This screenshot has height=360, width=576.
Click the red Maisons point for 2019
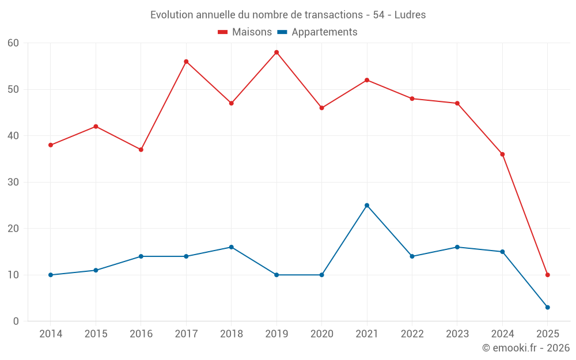coord(276,52)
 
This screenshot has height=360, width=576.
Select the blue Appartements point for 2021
coord(367,205)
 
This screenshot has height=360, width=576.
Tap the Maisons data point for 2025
coord(548,275)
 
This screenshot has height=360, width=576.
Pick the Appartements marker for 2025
coord(548,307)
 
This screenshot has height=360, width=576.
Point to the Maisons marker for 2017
coord(186,62)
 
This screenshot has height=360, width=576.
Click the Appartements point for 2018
coord(232,247)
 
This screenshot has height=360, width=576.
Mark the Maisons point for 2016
coord(141,150)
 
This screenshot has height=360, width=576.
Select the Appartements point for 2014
coord(51,275)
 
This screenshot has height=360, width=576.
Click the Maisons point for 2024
coord(502,154)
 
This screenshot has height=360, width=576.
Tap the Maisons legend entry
coord(245,32)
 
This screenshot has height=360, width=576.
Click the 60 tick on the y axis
coord(13,43)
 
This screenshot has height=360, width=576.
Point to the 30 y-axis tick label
coord(13,182)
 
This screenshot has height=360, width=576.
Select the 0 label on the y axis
coord(16,321)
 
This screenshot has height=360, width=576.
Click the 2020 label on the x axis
coord(321,334)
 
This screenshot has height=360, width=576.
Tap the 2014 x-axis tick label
coord(51,334)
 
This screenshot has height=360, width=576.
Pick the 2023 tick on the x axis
coord(457,334)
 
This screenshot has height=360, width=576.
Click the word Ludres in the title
coord(410,15)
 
